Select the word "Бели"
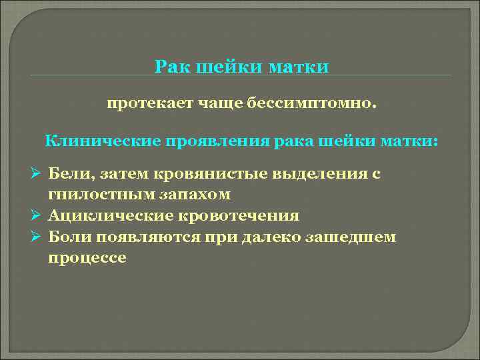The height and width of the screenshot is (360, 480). tap(70, 174)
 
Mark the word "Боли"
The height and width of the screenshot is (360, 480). tap(70, 237)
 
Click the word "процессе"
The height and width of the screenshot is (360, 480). tap(87, 258)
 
